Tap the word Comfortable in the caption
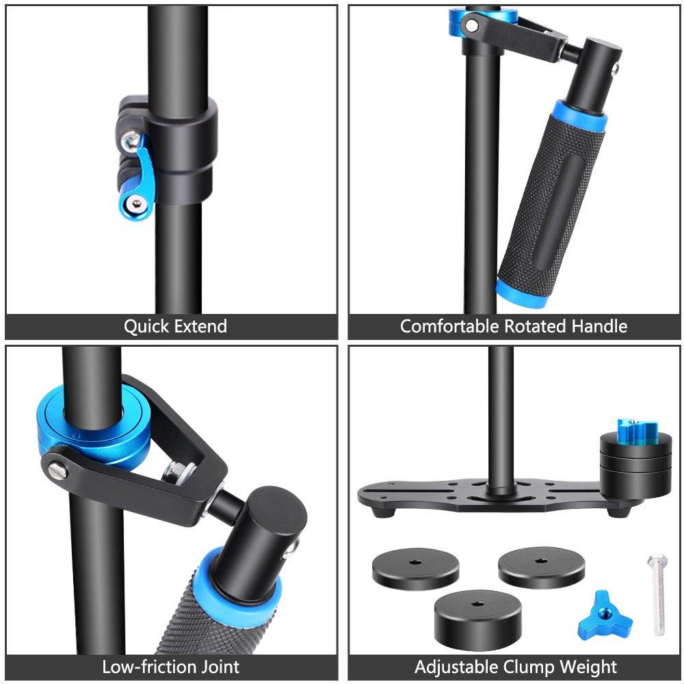pos(449,326)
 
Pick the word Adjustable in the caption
pos(456,667)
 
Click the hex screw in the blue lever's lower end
pos(137,203)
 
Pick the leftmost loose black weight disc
pos(415,569)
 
